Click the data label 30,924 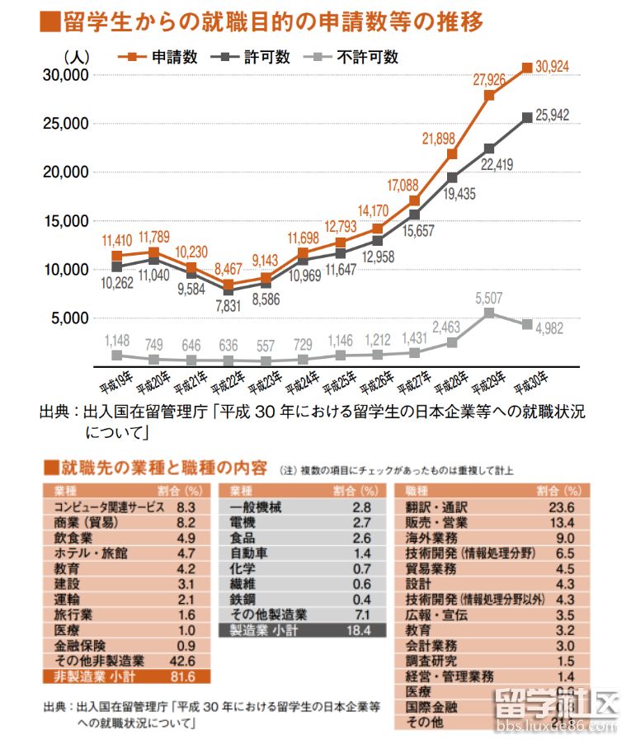[x=553, y=66]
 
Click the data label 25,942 [x=553, y=115]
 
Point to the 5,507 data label [x=488, y=298]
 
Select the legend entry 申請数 [x=173, y=57]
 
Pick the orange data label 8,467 [x=228, y=268]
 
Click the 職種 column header [x=419, y=492]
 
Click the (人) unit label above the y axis [x=75, y=57]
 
